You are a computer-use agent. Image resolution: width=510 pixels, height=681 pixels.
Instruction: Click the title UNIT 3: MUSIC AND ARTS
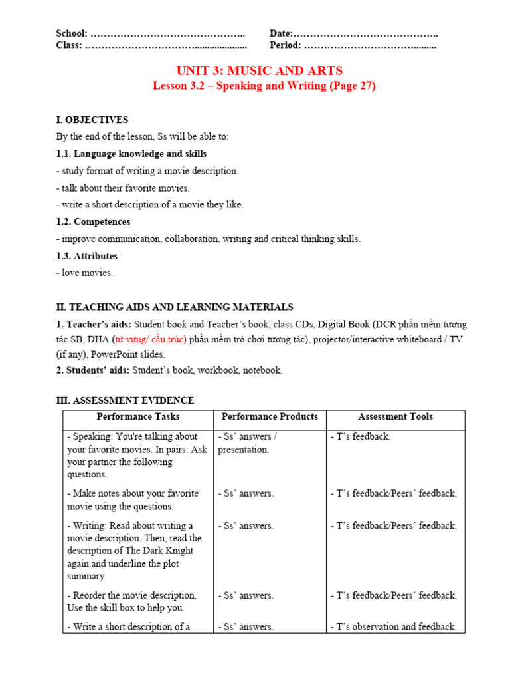pos(260,70)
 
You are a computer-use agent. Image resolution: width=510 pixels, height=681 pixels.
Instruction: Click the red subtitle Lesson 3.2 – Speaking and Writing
pos(264,86)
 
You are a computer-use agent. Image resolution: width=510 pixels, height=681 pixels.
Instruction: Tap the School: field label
pos(72,33)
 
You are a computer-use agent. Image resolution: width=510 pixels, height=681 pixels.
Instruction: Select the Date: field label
pos(281,33)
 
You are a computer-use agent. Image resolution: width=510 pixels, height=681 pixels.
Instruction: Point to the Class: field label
pos(69,45)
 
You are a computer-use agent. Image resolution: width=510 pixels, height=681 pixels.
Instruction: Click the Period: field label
pos(285,45)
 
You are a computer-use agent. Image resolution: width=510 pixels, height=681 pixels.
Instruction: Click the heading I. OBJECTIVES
pos(92,120)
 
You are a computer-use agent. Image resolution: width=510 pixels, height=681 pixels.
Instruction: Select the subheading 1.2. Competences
pos(93,221)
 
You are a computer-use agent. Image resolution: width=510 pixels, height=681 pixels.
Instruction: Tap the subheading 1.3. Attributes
pos(86,256)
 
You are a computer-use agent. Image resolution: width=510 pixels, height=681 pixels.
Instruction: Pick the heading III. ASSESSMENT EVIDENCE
pos(125,400)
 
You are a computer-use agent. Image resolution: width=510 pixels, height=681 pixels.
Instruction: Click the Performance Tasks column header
pos(138,417)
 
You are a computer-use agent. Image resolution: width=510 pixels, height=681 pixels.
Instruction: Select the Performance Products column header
pos(270,417)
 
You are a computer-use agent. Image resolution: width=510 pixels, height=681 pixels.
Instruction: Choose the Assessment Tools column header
pos(395,417)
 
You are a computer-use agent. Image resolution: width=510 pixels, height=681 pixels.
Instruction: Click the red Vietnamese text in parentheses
pos(154,340)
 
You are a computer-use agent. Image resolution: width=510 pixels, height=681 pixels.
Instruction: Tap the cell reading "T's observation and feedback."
pos(393,626)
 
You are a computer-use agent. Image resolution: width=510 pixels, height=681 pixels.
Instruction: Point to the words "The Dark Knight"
pos(170,551)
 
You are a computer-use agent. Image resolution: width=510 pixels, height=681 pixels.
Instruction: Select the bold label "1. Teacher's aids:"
pos(94,325)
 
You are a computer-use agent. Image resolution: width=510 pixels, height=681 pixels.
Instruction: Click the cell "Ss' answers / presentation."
pos(248,443)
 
